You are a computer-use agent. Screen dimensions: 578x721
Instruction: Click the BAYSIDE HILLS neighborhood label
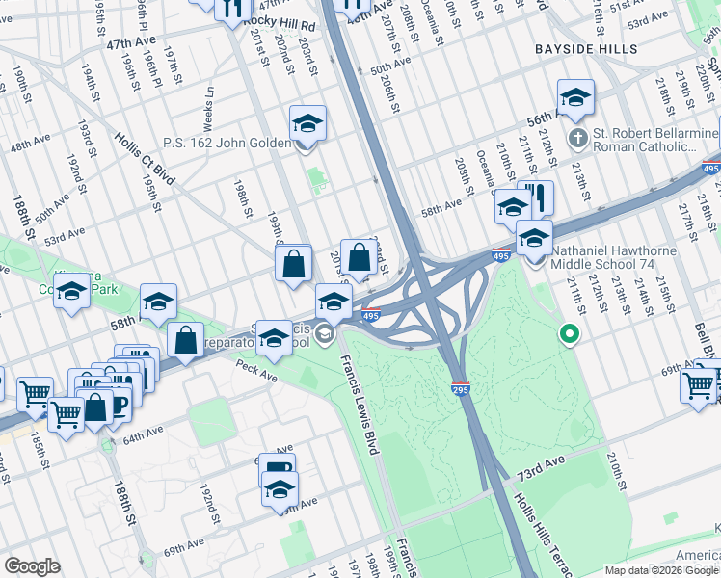(587, 48)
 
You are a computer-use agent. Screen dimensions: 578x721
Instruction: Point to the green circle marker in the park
(570, 335)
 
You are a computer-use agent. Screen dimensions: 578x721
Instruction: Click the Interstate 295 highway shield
(460, 388)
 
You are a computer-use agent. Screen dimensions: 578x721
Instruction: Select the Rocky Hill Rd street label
(280, 21)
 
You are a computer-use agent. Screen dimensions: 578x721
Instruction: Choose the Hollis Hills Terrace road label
(546, 530)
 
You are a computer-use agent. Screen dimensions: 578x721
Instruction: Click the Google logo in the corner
(32, 566)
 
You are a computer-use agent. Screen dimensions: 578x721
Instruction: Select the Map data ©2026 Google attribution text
(660, 570)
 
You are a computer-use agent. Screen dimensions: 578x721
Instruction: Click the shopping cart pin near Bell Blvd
(698, 384)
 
